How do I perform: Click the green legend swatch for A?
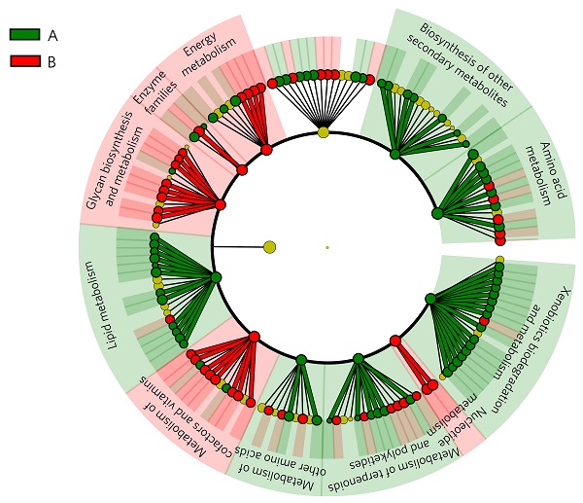click(24, 34)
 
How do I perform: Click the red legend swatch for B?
click(24, 60)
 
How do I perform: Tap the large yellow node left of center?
click(269, 247)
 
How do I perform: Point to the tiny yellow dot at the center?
click(327, 247)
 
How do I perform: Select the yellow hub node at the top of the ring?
click(323, 131)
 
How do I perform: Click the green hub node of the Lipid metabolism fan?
click(216, 278)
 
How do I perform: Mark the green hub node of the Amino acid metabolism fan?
click(437, 212)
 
